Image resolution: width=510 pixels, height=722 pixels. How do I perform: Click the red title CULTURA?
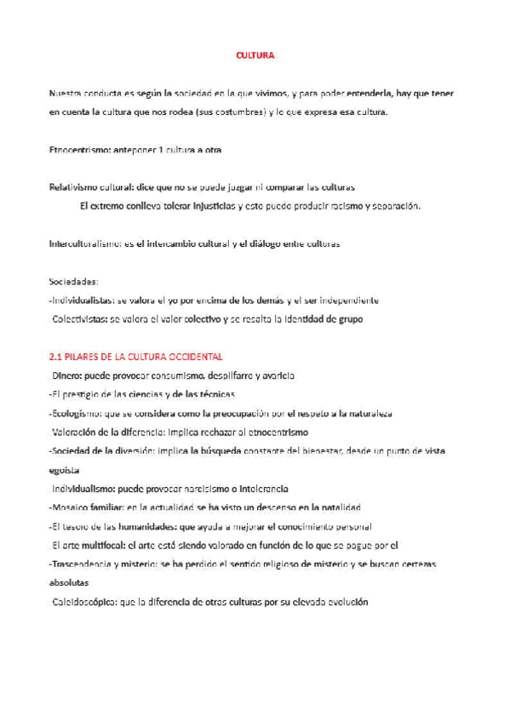pyautogui.click(x=255, y=55)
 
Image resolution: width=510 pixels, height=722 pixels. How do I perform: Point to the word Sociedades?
pyautogui.click(x=74, y=282)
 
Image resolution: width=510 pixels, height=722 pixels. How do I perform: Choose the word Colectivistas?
pyautogui.click(x=81, y=319)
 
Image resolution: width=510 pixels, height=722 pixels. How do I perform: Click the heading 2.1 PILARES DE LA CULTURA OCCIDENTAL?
pyautogui.click(x=135, y=357)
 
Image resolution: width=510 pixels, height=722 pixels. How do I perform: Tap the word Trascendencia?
pyautogui.click(x=86, y=564)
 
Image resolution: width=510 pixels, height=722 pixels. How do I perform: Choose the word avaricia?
pyautogui.click(x=278, y=375)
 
